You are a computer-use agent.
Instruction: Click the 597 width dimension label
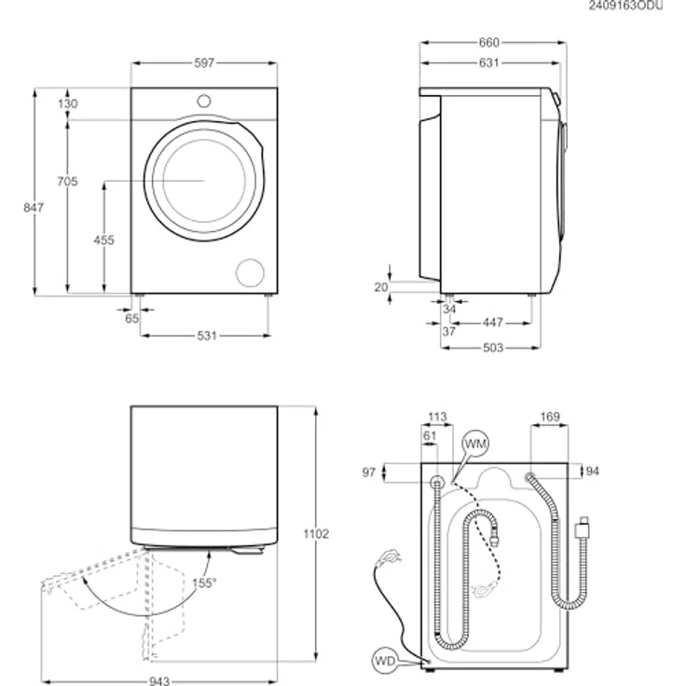pyautogui.click(x=204, y=63)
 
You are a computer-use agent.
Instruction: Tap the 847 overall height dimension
pyautogui.click(x=34, y=207)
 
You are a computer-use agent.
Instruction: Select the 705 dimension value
pyautogui.click(x=67, y=181)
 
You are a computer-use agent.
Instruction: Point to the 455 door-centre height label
pyautogui.click(x=103, y=240)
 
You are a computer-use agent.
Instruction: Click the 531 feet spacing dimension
pyautogui.click(x=207, y=336)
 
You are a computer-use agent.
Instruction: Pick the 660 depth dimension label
pyautogui.click(x=488, y=43)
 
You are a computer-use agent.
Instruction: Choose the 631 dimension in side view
pyautogui.click(x=488, y=63)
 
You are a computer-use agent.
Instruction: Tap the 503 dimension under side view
pyautogui.click(x=493, y=348)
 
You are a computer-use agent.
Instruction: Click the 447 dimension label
pyautogui.click(x=493, y=322)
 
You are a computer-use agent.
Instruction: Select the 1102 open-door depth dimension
pyautogui.click(x=316, y=534)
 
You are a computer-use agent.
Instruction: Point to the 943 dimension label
pyautogui.click(x=159, y=680)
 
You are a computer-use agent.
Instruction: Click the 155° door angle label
pyautogui.click(x=204, y=583)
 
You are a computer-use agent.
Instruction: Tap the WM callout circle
pyautogui.click(x=475, y=444)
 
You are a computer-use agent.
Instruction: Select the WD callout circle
pyautogui.click(x=385, y=661)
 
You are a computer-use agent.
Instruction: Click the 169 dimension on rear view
pyautogui.click(x=550, y=417)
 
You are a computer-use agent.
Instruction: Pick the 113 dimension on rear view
pyautogui.click(x=437, y=417)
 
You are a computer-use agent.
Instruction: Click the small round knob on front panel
pyautogui.click(x=204, y=101)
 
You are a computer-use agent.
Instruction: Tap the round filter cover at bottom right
pyautogui.click(x=250, y=272)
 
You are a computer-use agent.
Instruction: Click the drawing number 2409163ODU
pyautogui.click(x=625, y=6)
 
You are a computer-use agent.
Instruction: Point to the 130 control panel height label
pyautogui.click(x=67, y=103)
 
